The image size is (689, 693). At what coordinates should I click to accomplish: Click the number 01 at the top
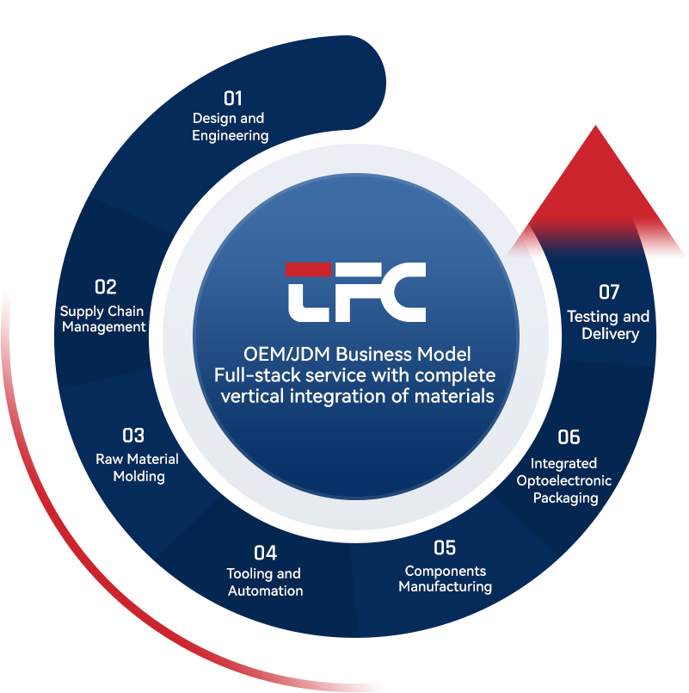click(x=233, y=98)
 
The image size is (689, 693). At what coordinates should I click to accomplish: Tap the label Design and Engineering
click(x=230, y=127)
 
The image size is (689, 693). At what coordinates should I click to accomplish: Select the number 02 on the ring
click(x=105, y=287)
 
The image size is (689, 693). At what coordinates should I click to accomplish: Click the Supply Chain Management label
click(x=102, y=319)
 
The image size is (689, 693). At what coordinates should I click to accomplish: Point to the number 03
click(x=133, y=436)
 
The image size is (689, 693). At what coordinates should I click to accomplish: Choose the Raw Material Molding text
click(x=138, y=467)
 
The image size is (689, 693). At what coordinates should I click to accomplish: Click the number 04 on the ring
click(x=265, y=552)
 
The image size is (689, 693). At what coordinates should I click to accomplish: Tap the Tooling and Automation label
click(x=264, y=582)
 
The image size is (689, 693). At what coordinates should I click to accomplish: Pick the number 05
click(x=445, y=548)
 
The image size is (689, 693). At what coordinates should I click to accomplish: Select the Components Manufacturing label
click(x=445, y=579)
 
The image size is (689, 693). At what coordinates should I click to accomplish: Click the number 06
click(x=569, y=437)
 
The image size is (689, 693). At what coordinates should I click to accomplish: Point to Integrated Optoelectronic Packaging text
click(x=564, y=480)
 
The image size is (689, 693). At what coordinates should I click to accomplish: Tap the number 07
click(x=609, y=292)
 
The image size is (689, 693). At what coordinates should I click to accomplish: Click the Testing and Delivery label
click(x=608, y=325)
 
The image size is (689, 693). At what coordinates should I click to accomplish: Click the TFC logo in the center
click(x=355, y=292)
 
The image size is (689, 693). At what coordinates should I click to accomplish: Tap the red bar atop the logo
click(x=308, y=269)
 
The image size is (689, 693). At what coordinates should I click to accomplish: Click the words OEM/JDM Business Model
click(x=357, y=354)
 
